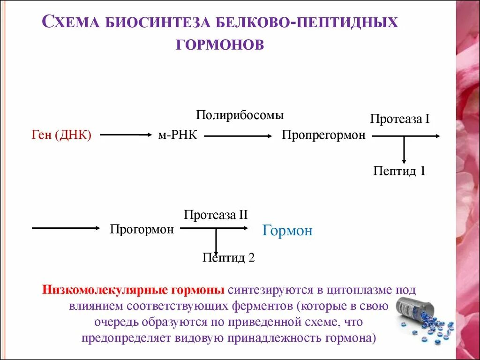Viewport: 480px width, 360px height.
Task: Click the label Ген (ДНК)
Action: [61, 135]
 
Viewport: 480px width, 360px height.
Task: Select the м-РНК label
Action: [178, 135]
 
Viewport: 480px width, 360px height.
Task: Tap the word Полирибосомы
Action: [240, 115]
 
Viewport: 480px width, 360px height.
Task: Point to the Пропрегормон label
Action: [323, 135]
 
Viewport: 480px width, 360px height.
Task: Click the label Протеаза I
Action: [400, 119]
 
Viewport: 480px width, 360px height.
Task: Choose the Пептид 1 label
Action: [399, 171]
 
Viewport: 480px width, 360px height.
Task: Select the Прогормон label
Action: [142, 230]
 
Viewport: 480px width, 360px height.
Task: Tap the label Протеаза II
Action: [216, 215]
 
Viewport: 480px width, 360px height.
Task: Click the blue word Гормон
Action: [287, 231]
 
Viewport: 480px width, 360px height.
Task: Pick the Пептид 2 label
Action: [228, 257]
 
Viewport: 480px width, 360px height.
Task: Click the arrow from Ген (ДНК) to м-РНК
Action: [124, 135]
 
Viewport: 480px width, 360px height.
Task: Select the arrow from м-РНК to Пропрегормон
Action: [238, 136]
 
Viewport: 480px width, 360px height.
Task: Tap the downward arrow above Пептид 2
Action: [216, 242]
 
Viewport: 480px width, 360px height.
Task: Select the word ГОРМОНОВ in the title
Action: [220, 44]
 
